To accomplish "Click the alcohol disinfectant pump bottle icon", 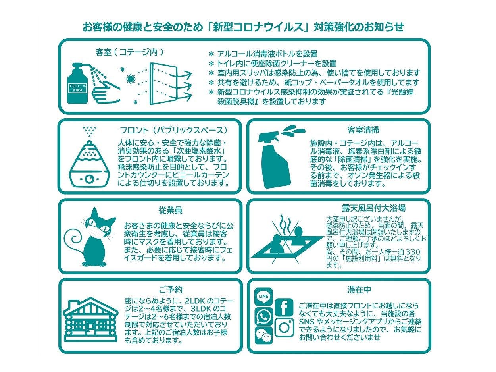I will tap(77, 85).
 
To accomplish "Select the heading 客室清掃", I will tap(363, 130).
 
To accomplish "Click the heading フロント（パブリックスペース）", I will tap(175, 130).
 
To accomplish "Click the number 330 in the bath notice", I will tap(412, 252).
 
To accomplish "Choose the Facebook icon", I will tap(284, 307).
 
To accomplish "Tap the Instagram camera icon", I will tap(284, 328).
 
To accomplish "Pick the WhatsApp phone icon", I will tap(263, 316).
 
